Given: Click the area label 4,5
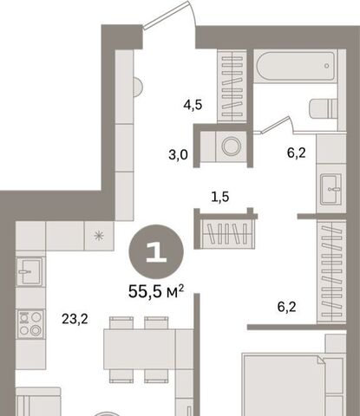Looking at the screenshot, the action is (193, 105).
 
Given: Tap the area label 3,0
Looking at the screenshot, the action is (178, 155).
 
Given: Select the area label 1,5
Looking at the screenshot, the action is (220, 197).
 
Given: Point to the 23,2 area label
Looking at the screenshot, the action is (75, 319).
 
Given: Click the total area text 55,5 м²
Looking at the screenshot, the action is (156, 291).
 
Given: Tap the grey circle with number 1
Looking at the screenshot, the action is (156, 251).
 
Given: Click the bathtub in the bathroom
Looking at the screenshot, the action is (296, 67).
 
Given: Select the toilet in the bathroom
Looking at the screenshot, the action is (324, 108).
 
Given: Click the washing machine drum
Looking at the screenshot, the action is (232, 146).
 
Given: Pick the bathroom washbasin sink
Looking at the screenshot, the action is (331, 189).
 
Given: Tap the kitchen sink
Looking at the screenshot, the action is (30, 271).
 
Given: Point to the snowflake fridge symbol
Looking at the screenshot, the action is (99, 236).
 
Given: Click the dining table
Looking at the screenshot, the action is (140, 349).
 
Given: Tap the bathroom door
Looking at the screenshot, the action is (276, 124).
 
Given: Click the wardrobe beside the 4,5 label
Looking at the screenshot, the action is (232, 86).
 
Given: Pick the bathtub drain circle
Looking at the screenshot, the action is (327, 66).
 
